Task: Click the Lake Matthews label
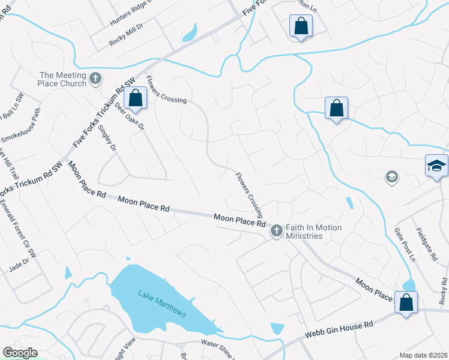click(162, 304)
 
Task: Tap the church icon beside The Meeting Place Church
click(95, 79)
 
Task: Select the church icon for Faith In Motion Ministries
click(276, 230)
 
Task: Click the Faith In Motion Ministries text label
click(313, 232)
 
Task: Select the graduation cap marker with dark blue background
click(436, 166)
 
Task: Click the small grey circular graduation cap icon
click(391, 176)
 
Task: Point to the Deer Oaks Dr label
click(130, 116)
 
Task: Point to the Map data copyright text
click(423, 355)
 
